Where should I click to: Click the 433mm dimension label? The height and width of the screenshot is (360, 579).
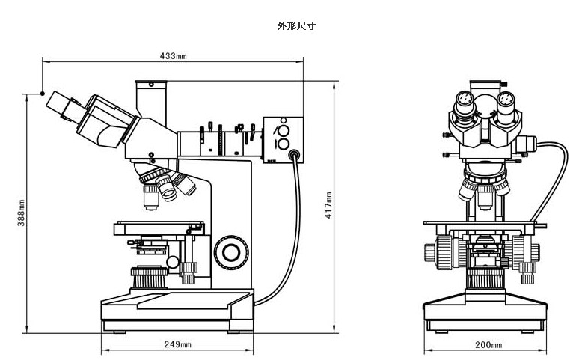(173, 56)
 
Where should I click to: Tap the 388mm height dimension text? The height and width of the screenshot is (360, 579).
(22, 213)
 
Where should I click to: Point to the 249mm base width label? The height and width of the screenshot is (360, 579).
(177, 344)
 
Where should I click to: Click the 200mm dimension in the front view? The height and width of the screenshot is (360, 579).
(488, 344)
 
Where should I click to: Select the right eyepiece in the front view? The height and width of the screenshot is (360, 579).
(507, 100)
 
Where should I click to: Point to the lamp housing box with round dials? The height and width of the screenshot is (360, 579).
(284, 135)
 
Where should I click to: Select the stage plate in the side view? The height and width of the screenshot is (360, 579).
(159, 225)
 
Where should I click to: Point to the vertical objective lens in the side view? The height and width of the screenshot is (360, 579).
(150, 196)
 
